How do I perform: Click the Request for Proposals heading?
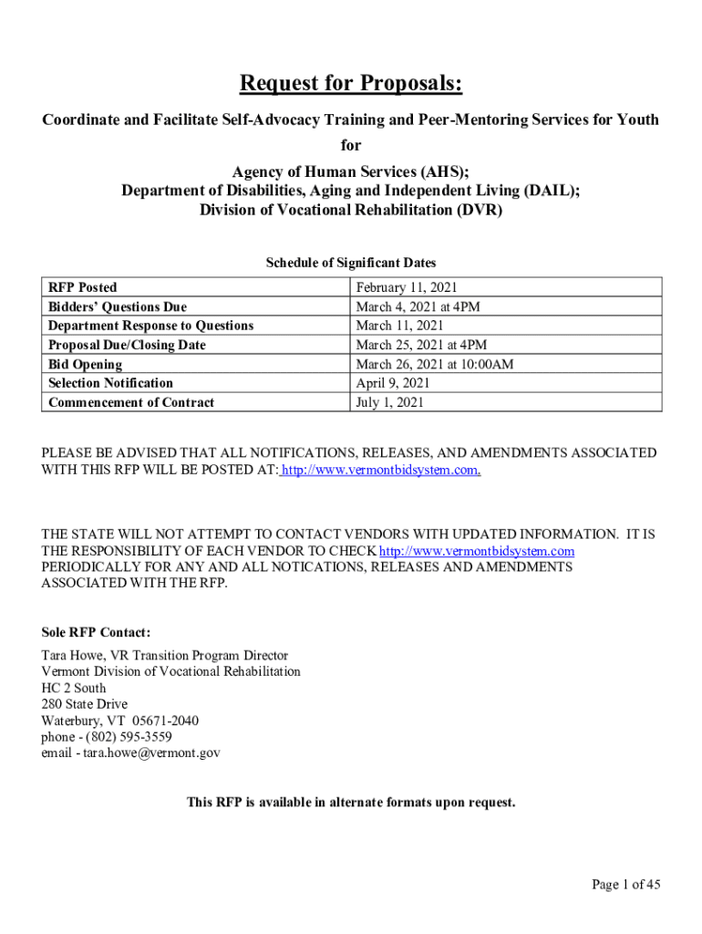351,85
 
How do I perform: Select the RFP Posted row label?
83,287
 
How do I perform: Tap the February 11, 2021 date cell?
407,287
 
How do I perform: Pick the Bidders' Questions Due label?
118,307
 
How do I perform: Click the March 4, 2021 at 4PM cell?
418,307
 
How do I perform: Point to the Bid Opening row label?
85,364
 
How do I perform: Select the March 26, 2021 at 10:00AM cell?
435,364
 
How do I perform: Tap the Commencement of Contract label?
131,402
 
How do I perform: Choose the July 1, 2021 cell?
390,402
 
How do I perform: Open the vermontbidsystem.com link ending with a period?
381,470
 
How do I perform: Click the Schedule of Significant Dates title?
351,263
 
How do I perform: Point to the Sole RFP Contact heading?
97,633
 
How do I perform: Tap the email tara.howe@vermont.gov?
150,753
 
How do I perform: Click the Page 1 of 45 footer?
626,884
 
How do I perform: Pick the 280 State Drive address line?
85,704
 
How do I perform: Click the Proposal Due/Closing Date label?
127,345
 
